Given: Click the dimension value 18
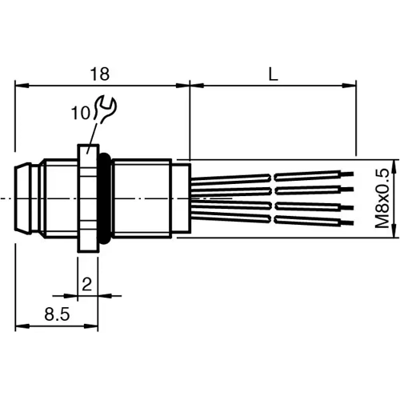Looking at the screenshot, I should click(x=99, y=74).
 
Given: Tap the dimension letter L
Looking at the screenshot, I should click(x=274, y=74).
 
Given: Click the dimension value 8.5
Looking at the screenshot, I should click(x=55, y=316).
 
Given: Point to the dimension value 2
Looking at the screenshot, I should click(x=87, y=283).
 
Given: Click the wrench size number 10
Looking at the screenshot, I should click(x=80, y=114).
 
